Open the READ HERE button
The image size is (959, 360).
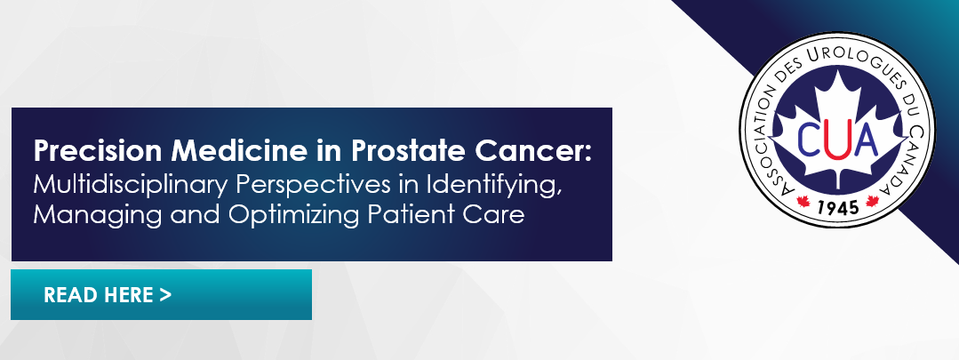point(162,294)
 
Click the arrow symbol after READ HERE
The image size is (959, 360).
point(165,294)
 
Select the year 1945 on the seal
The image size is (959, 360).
point(837,206)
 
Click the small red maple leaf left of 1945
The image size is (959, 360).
point(803,201)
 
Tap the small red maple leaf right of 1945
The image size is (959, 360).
point(872,201)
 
